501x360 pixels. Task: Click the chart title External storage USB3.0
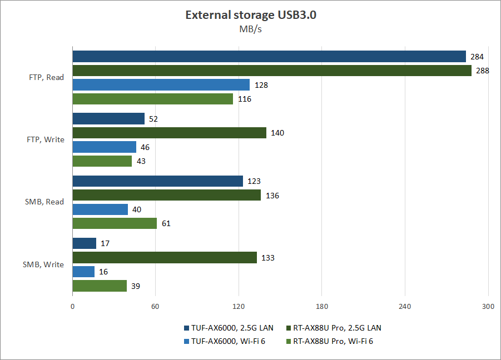[250, 15]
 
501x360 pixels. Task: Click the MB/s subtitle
[250, 29]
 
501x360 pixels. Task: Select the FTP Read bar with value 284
[269, 56]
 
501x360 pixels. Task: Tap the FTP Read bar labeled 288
[272, 71]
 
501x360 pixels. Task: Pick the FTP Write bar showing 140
[170, 133]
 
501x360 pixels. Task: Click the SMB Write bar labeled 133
[165, 257]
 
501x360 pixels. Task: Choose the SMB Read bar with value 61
[115, 223]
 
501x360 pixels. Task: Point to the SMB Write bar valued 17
[85, 243]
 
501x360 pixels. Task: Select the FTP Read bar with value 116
[153, 99]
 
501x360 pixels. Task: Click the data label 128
[261, 85]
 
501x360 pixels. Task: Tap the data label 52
[154, 119]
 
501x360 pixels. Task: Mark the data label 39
[136, 286]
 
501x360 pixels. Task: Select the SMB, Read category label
[44, 202]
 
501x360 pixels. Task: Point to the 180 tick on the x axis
[322, 306]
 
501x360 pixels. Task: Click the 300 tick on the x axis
[488, 306]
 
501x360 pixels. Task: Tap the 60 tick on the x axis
[156, 306]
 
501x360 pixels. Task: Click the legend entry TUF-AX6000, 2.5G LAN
[229, 328]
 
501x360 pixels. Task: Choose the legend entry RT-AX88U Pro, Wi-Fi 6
[329, 341]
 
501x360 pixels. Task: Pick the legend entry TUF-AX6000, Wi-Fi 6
[224, 341]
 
